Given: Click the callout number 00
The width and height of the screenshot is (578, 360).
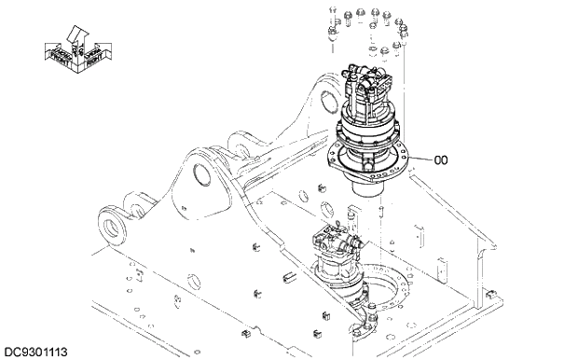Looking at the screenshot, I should (441, 159).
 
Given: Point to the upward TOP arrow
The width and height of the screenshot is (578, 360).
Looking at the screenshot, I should (76, 35).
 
